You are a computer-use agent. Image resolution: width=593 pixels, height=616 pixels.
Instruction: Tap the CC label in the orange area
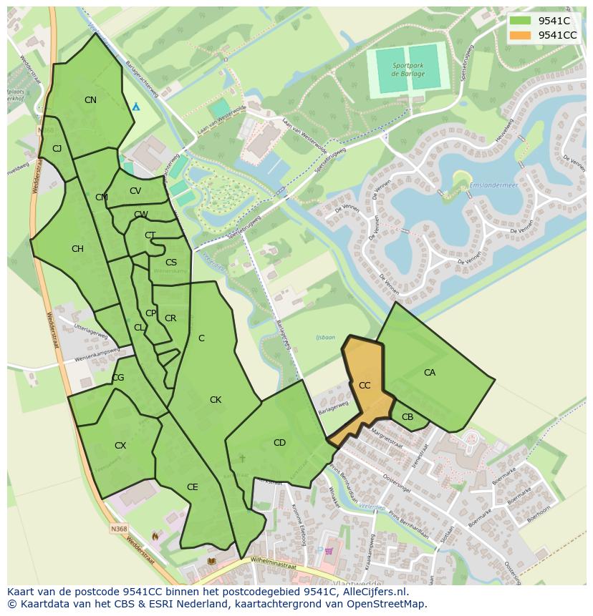coord(365,386)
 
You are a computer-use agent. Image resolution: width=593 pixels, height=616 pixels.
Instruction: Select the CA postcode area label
coord(430,373)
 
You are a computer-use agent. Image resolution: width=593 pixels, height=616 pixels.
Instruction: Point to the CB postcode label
coord(408,417)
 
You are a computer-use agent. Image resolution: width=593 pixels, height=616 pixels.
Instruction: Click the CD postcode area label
coord(279,443)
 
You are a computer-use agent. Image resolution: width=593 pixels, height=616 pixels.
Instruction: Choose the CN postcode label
coord(90,100)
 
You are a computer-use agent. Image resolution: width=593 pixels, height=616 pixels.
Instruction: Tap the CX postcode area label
coord(120,446)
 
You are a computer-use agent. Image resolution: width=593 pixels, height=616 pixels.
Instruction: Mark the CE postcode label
coord(192,487)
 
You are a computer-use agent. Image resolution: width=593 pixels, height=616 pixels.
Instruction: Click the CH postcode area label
coord(77,249)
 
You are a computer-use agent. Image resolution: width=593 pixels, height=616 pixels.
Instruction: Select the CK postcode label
coord(216,400)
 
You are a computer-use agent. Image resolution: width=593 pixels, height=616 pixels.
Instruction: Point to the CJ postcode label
coord(57,149)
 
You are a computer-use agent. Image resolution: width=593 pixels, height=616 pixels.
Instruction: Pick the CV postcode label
coord(135,191)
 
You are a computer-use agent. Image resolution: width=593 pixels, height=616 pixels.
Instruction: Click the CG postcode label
coord(118,378)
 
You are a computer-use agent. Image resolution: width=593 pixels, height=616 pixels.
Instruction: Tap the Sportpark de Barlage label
coord(408,69)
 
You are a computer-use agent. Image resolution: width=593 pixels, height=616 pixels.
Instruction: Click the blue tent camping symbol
coord(136,106)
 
